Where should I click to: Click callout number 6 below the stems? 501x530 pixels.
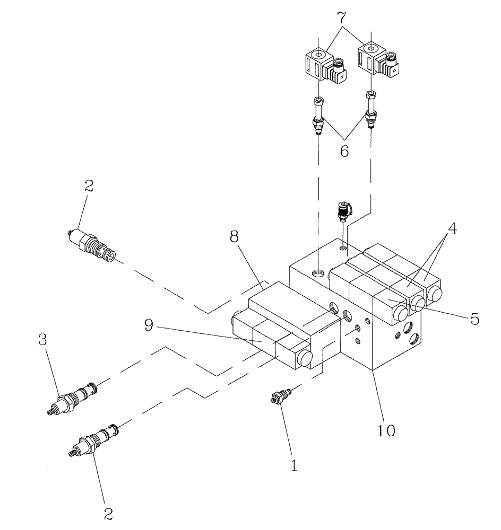tap(344, 152)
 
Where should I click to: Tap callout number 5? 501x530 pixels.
tap(474, 319)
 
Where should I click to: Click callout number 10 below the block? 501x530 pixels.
tap(386, 430)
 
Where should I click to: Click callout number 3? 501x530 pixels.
tap(43, 340)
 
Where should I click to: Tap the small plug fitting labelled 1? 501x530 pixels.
tap(280, 397)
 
